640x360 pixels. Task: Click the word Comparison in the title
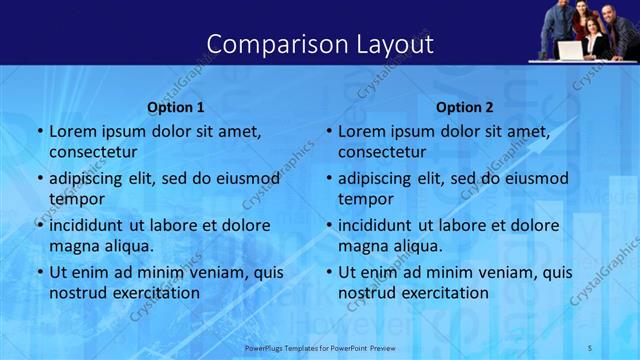point(268,44)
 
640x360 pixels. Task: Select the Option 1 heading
point(176,107)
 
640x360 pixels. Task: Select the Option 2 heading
point(465,107)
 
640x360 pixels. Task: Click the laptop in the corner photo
point(570,49)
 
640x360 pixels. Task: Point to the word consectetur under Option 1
point(93,152)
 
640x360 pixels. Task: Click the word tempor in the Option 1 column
point(77,199)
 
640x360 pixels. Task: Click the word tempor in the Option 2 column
point(366,199)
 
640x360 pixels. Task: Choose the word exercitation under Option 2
point(445,293)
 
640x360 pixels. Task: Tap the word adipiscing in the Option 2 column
point(374,179)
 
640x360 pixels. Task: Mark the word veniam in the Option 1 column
point(213,272)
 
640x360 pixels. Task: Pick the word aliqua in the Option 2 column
point(418,246)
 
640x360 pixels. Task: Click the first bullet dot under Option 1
point(40,131)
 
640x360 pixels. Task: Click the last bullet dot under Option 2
point(329,272)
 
